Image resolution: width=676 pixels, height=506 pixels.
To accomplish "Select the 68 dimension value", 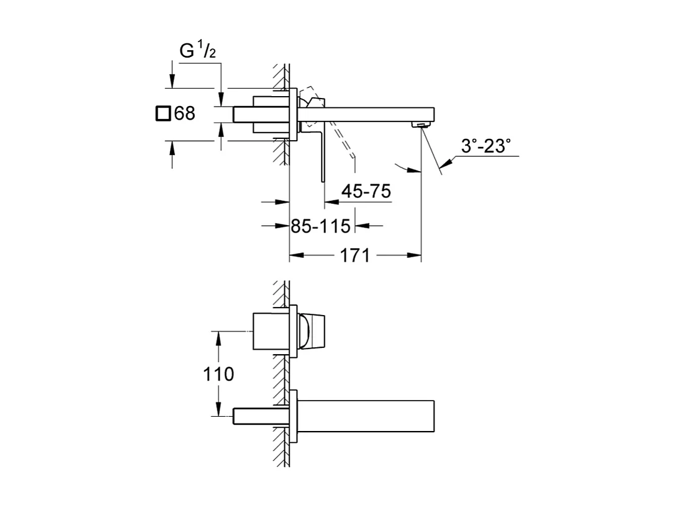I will coord(185,113).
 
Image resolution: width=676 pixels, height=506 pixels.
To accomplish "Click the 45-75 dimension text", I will coord(367,192).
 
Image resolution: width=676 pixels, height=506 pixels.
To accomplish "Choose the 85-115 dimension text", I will coord(321,226).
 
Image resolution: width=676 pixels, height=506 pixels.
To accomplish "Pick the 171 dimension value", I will coord(355,255).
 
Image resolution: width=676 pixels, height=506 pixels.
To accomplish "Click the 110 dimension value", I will coord(219,375).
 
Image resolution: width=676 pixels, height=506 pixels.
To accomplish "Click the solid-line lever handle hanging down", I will coord(322,155).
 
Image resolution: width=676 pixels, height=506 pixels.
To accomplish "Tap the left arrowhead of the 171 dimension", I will coord(295,255).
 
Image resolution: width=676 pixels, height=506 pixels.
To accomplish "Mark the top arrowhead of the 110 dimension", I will coord(219,335).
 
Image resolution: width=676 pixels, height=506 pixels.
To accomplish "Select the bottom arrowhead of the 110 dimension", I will coord(219,411).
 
